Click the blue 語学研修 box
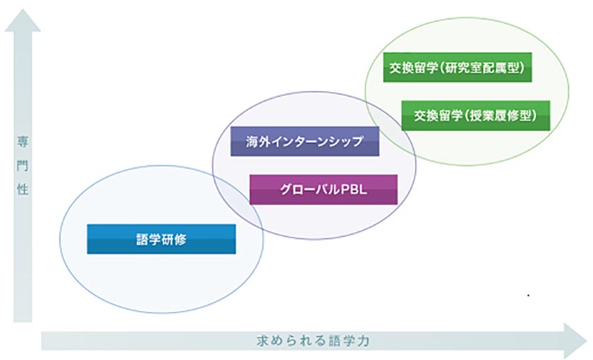[x=161, y=239]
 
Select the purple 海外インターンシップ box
[x=305, y=141]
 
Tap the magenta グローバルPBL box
[x=323, y=189]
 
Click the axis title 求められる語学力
[x=312, y=340]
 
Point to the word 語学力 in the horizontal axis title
[x=350, y=340]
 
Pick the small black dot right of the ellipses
[x=527, y=294]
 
